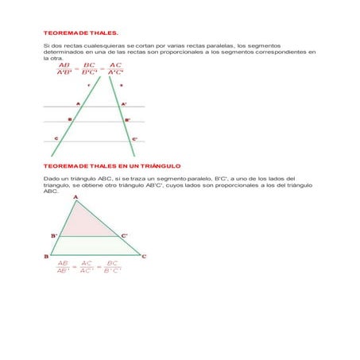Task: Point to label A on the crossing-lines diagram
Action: (x=77, y=103)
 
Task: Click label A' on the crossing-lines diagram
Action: (x=124, y=103)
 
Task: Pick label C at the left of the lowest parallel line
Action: (x=56, y=138)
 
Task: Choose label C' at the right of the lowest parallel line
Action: (x=134, y=138)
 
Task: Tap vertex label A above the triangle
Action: (x=75, y=196)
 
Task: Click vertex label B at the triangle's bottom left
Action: (x=46, y=257)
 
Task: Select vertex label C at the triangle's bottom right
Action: (x=144, y=257)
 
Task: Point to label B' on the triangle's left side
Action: (x=54, y=236)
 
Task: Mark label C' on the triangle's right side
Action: (x=124, y=236)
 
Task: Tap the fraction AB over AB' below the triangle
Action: (x=64, y=266)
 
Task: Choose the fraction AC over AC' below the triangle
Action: (x=87, y=266)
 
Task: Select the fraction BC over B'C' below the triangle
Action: (x=112, y=266)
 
